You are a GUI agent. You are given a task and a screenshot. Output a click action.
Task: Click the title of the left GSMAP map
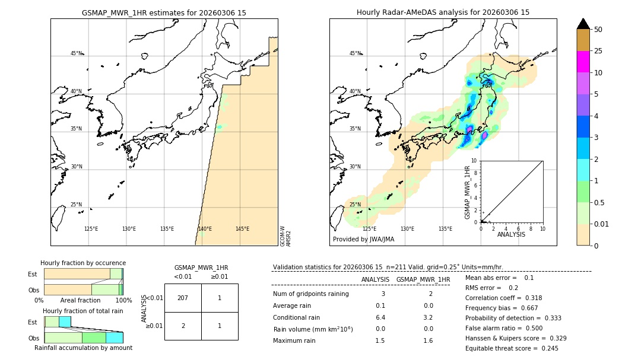(164, 12)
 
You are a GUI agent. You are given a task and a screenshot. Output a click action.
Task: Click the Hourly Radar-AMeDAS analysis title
(443, 12)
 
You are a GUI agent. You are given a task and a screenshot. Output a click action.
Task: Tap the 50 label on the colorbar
(598, 30)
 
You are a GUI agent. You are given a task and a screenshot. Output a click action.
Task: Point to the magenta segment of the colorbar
(583, 62)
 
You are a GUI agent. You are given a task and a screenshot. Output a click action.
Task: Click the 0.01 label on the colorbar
(602, 224)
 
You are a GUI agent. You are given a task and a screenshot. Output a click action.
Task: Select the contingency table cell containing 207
(183, 298)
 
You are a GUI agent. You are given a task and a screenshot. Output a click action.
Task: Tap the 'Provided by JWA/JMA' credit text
(363, 239)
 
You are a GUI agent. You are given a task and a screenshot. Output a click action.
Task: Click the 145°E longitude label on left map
(242, 229)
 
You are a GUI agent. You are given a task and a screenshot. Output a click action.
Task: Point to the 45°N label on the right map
(355, 53)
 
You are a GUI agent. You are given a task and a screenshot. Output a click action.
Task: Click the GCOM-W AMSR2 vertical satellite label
(285, 235)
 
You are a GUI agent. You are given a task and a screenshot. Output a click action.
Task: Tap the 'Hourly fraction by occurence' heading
(83, 263)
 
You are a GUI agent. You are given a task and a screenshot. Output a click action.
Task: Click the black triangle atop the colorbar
(583, 24)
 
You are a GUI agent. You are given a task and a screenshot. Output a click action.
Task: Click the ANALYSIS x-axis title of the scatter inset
(512, 234)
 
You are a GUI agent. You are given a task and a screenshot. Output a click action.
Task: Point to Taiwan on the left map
(58, 218)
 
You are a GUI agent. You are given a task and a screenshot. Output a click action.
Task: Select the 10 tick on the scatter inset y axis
(474, 161)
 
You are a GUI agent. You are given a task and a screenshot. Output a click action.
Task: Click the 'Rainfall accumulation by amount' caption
(83, 348)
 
